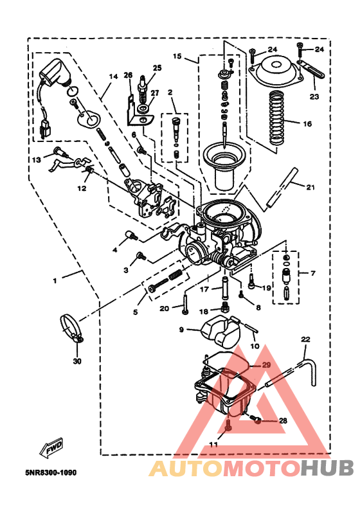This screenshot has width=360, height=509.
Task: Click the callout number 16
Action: [x=307, y=123]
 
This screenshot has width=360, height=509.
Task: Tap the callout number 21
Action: [x=310, y=188]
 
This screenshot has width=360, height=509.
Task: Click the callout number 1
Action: [x=55, y=281]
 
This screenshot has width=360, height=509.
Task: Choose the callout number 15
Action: [x=177, y=57]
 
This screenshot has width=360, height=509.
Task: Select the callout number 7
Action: [x=313, y=274]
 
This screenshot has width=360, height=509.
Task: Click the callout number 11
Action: [x=213, y=444]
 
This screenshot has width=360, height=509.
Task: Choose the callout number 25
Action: [x=157, y=67]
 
